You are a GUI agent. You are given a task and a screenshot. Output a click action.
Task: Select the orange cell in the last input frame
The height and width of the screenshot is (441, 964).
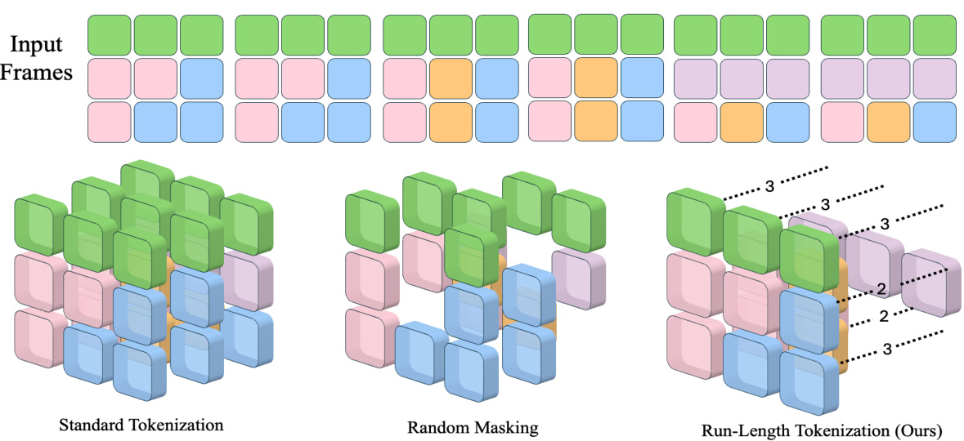887,119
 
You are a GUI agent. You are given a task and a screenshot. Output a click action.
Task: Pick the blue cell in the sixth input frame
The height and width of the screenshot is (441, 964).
935,119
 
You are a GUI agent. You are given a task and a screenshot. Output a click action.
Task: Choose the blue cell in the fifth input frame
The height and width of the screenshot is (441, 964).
787,119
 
